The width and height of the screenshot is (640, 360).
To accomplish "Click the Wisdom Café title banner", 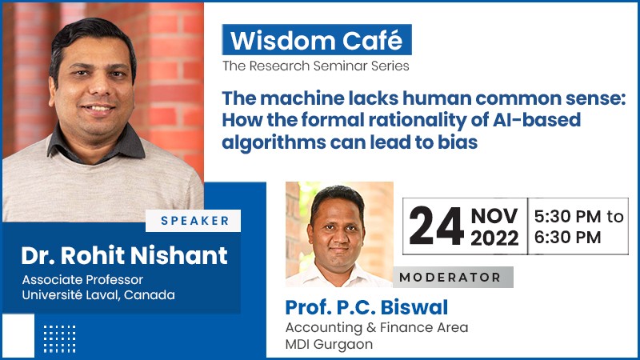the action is point(317,39).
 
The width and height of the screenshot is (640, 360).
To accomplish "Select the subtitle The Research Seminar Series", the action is point(315,66).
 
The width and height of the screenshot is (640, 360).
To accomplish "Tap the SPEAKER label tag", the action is point(193,221).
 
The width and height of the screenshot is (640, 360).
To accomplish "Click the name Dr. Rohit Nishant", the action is point(124,255).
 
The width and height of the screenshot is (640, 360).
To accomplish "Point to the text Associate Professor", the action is point(82,279).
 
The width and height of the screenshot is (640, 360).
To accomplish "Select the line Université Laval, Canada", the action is point(98,294).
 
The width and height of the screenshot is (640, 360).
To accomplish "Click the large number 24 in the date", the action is point(436,226).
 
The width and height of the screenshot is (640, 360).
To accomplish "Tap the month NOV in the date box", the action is point(494,216).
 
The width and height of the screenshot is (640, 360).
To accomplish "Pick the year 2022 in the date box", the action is point(494,238).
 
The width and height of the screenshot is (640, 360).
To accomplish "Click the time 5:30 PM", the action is point(567,216).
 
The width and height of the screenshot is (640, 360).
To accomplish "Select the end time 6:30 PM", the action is point(567,238).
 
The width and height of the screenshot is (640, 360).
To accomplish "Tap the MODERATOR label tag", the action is point(453,277).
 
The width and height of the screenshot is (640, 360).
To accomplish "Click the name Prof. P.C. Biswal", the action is point(366,307).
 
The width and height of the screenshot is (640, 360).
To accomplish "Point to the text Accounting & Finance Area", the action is point(377,327).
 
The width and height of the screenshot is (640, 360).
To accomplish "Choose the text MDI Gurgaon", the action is point(329,344).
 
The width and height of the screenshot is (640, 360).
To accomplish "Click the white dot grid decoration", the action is point(59,338).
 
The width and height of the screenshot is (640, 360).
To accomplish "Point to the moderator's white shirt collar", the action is point(338,274).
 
